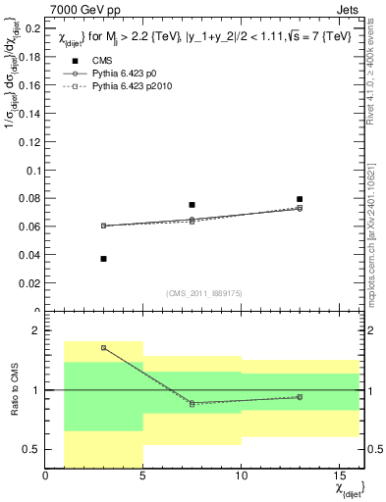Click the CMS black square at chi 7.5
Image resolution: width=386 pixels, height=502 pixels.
192,205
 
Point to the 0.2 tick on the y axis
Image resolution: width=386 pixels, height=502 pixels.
33,28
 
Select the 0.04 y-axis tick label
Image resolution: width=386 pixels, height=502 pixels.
30,255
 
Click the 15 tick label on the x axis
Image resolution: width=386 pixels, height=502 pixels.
339,477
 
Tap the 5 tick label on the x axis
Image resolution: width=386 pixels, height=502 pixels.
143,477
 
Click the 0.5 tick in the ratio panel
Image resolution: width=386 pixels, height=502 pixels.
33,449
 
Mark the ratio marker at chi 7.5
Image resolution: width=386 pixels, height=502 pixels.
192,403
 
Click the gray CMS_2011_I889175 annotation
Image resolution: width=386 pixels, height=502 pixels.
201,292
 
